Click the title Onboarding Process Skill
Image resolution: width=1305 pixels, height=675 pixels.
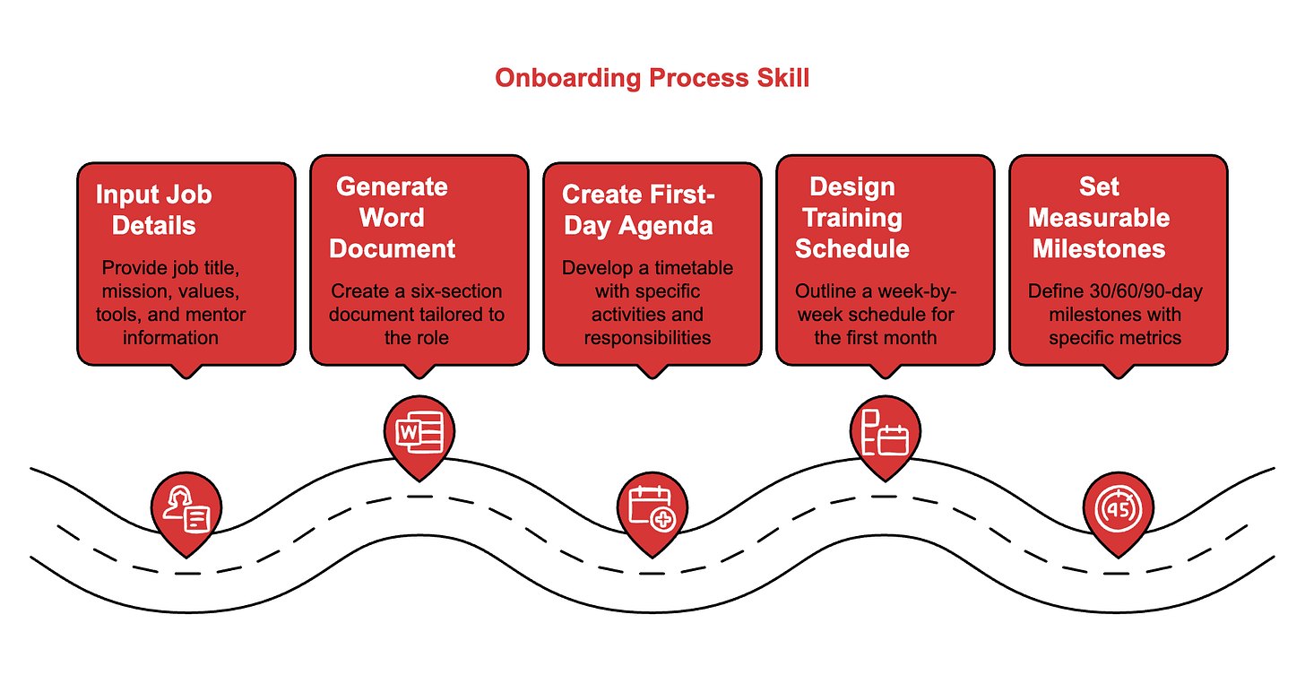pyautogui.click(x=652, y=78)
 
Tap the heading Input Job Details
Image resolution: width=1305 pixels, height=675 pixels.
pyautogui.click(x=153, y=210)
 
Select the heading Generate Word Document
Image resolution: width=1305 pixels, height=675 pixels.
pyautogui.click(x=392, y=218)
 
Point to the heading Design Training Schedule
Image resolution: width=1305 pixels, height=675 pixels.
pyautogui.click(x=851, y=218)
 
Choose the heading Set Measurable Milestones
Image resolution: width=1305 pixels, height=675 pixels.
pyautogui.click(x=1099, y=218)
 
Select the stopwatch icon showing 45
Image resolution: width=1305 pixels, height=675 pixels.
pyautogui.click(x=1118, y=508)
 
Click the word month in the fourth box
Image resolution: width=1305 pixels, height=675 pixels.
pyautogui.click(x=916, y=338)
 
